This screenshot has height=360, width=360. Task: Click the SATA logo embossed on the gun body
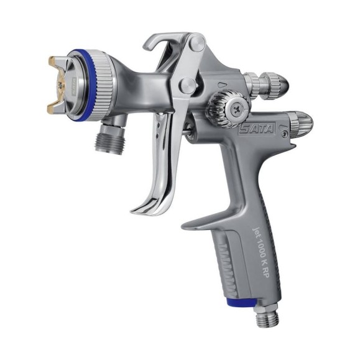coord(256,129)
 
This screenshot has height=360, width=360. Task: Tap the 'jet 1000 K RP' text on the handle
coord(260,252)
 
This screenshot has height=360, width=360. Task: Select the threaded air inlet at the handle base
coord(267,315)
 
